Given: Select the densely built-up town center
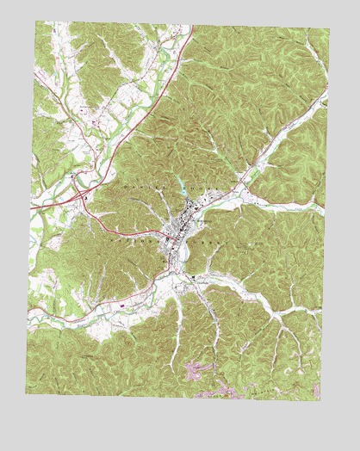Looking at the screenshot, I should point(178,231).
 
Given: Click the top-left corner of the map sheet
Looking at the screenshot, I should point(36,22).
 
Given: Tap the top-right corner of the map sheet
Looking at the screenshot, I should point(329,29).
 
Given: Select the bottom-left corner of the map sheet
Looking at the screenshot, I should point(26,393).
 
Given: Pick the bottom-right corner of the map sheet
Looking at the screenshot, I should point(320,400).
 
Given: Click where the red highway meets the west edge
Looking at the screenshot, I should point(32,207).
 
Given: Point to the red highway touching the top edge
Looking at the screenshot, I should point(191,26).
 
